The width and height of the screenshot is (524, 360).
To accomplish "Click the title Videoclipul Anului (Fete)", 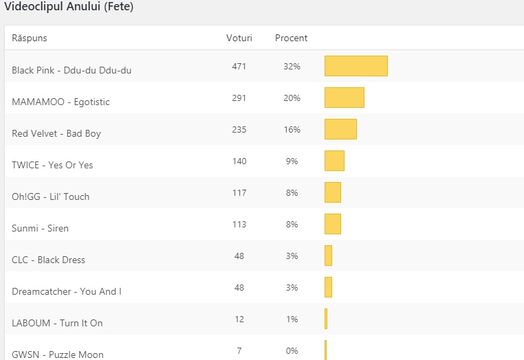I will pos(69,8).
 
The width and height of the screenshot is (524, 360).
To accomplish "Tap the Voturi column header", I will pos(239,38).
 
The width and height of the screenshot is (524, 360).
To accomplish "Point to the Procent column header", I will pos(292,38).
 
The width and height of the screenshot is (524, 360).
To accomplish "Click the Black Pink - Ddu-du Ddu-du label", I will pos(72,70).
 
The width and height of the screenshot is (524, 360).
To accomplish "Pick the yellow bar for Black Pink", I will pos(356,66).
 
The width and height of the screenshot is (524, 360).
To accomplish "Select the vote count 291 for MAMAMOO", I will pos(239,98).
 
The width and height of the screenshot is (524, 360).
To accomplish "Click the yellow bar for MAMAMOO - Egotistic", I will pos(345,98).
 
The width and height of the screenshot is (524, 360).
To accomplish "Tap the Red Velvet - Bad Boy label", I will pos(56,133).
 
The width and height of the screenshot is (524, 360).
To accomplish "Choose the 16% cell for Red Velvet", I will pos(292,130).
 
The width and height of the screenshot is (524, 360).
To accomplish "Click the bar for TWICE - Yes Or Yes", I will pos(334,161).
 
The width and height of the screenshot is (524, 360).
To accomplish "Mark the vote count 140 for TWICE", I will pos(239,161).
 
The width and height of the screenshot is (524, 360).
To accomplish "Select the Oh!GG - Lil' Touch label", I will pos(51,196).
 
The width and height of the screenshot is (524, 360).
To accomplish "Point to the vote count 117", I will pos(239,193).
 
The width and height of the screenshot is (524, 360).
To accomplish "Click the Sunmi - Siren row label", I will pos(41,228).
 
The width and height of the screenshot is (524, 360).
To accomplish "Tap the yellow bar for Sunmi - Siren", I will pos(333,224).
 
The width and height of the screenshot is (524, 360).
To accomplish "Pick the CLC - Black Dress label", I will pos(49,260).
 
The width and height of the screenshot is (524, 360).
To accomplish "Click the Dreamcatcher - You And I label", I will pos(67,291).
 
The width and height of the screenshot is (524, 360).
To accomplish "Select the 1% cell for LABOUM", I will pos(292,319).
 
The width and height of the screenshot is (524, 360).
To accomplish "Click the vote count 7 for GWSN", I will pos(239,351).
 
